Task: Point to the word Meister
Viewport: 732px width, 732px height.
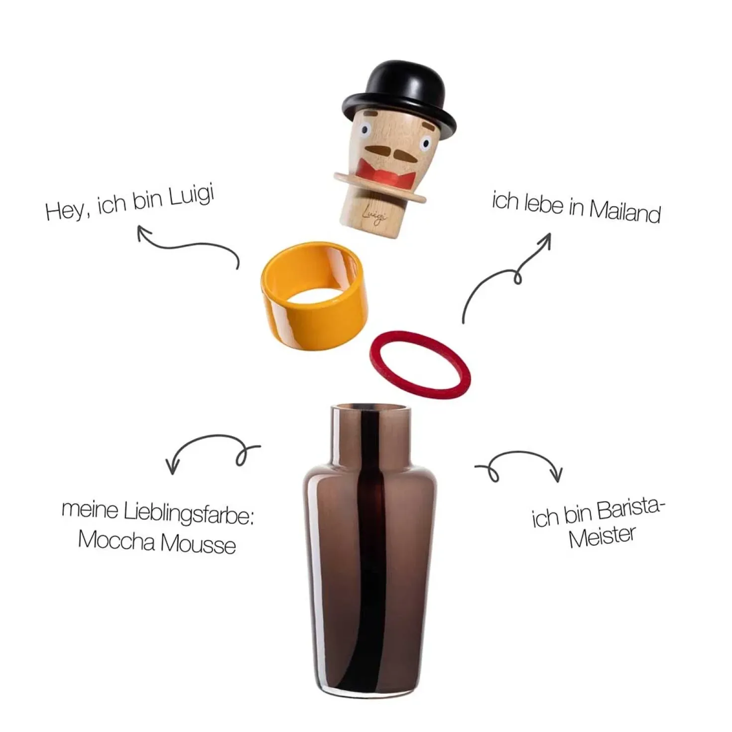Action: (x=602, y=536)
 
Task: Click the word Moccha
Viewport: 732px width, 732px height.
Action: (x=116, y=540)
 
